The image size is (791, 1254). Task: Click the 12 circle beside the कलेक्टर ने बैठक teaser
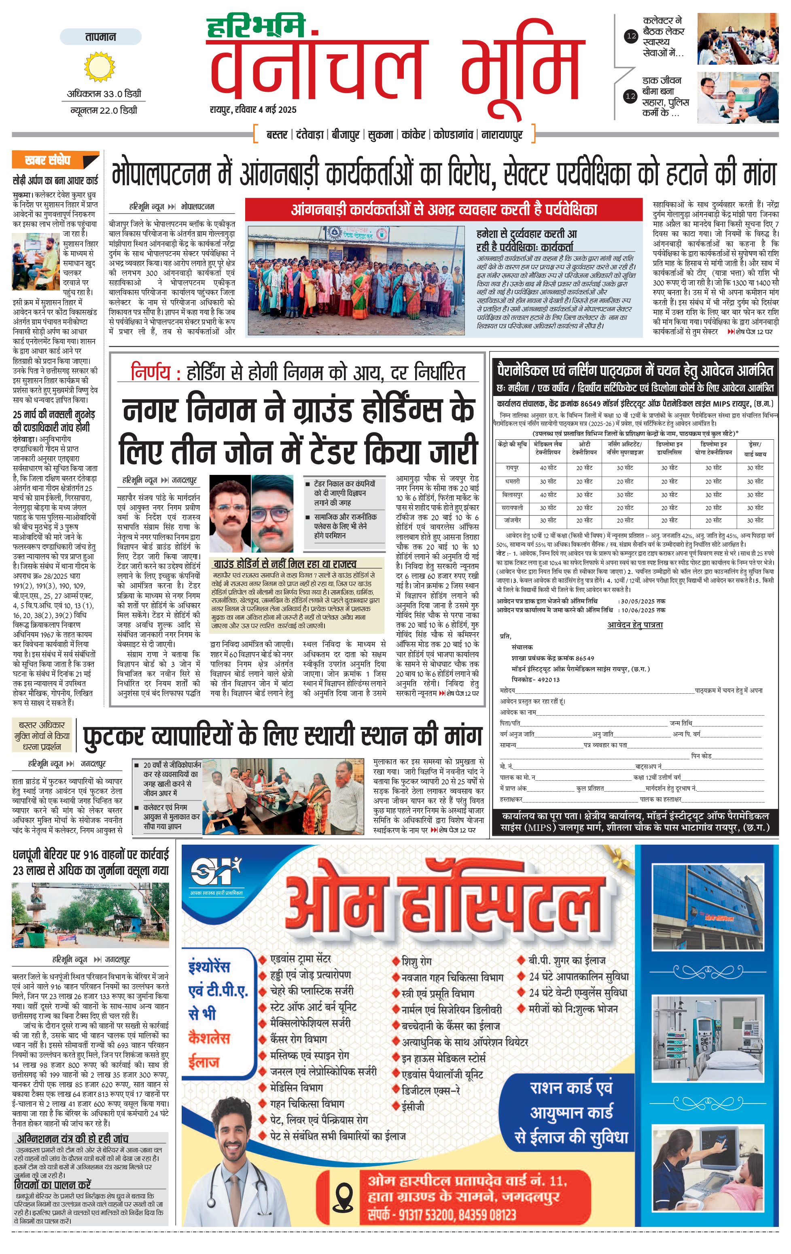click(x=631, y=36)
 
